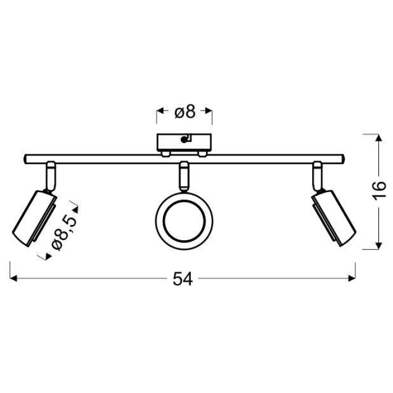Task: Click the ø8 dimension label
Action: (x=185, y=112)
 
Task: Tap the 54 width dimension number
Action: (x=182, y=279)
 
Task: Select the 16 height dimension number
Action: (x=379, y=190)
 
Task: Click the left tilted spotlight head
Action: (x=34, y=218)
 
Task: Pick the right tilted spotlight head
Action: (x=333, y=218)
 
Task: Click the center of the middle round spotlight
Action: (x=184, y=221)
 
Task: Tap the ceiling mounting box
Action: (x=184, y=142)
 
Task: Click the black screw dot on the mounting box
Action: (x=184, y=140)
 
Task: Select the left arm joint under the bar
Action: (x=51, y=176)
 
